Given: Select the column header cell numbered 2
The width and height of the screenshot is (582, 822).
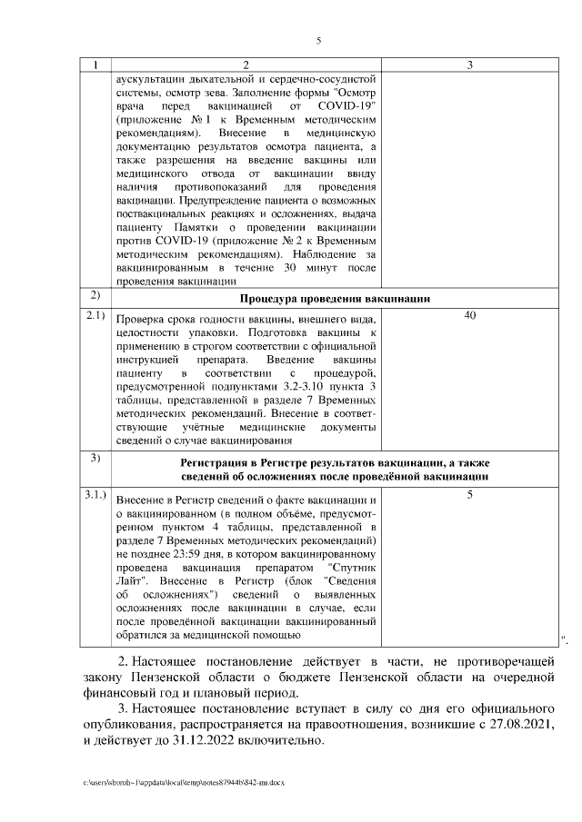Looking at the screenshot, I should [x=246, y=65].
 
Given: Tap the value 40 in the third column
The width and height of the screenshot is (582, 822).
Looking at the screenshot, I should [x=469, y=315].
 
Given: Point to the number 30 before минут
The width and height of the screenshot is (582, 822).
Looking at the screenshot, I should [x=290, y=268].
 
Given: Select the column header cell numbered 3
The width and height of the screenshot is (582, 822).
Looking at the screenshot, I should [x=469, y=65].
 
